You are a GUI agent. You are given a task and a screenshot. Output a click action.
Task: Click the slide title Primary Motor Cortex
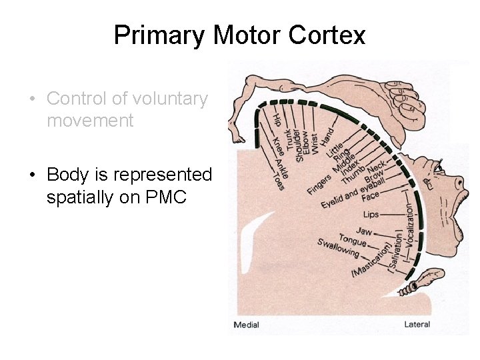(239, 35)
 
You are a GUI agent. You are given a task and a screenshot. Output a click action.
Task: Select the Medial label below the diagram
(246, 325)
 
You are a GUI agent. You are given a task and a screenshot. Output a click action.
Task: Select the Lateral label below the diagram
(417, 325)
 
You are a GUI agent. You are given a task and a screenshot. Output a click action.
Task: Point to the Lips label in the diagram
(371, 215)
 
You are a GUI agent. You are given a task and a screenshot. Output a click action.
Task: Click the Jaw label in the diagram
(363, 231)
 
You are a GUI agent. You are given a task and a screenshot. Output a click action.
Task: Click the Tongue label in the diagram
(353, 240)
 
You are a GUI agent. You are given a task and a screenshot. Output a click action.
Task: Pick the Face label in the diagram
(371, 196)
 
